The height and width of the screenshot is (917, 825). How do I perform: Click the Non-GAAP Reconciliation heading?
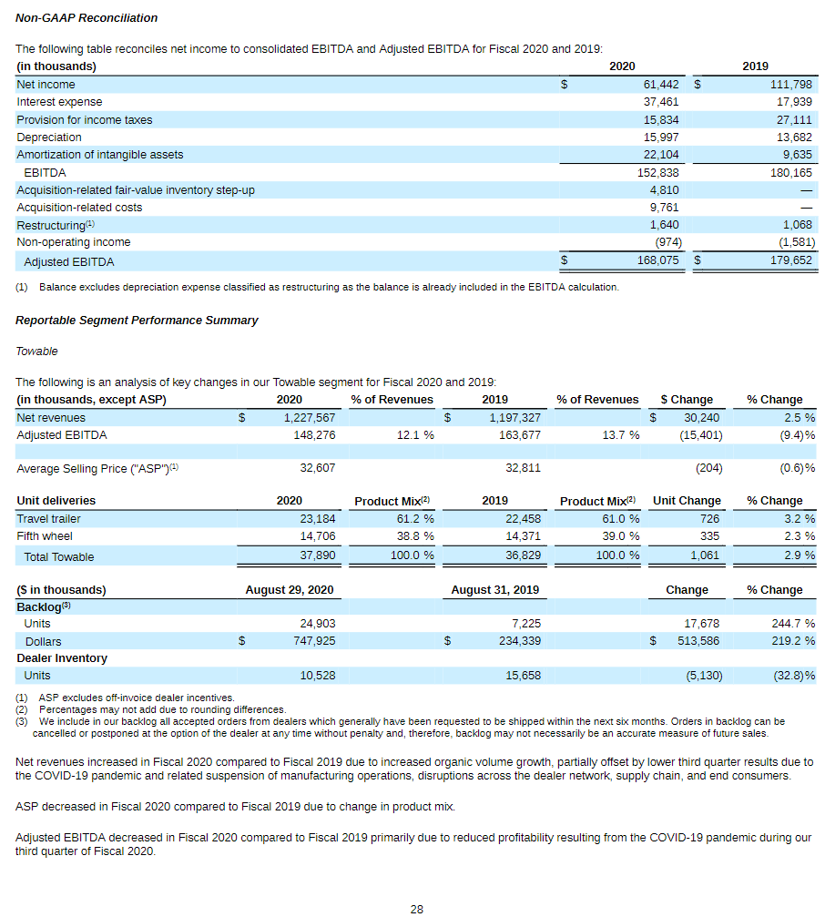[87, 18]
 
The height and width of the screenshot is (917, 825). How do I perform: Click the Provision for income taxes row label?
[85, 120]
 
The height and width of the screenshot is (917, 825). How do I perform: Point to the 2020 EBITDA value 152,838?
[657, 172]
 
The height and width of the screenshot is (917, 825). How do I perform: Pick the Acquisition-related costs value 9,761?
[664, 208]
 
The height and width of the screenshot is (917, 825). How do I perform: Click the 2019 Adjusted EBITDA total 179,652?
[789, 261]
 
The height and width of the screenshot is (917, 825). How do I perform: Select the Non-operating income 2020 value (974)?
[668, 242]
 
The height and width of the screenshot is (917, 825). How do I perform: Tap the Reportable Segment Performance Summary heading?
[137, 321]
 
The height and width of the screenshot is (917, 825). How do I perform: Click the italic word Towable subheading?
[36, 352]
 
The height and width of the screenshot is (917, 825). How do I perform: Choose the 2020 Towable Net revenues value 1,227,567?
[305, 418]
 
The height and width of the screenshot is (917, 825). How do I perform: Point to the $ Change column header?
[687, 400]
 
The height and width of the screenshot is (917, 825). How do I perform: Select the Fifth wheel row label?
[45, 536]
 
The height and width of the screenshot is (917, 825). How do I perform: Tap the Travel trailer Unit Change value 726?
[709, 519]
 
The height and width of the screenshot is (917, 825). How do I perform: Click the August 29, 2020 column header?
[289, 590]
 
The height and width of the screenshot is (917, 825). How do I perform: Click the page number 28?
[416, 909]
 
